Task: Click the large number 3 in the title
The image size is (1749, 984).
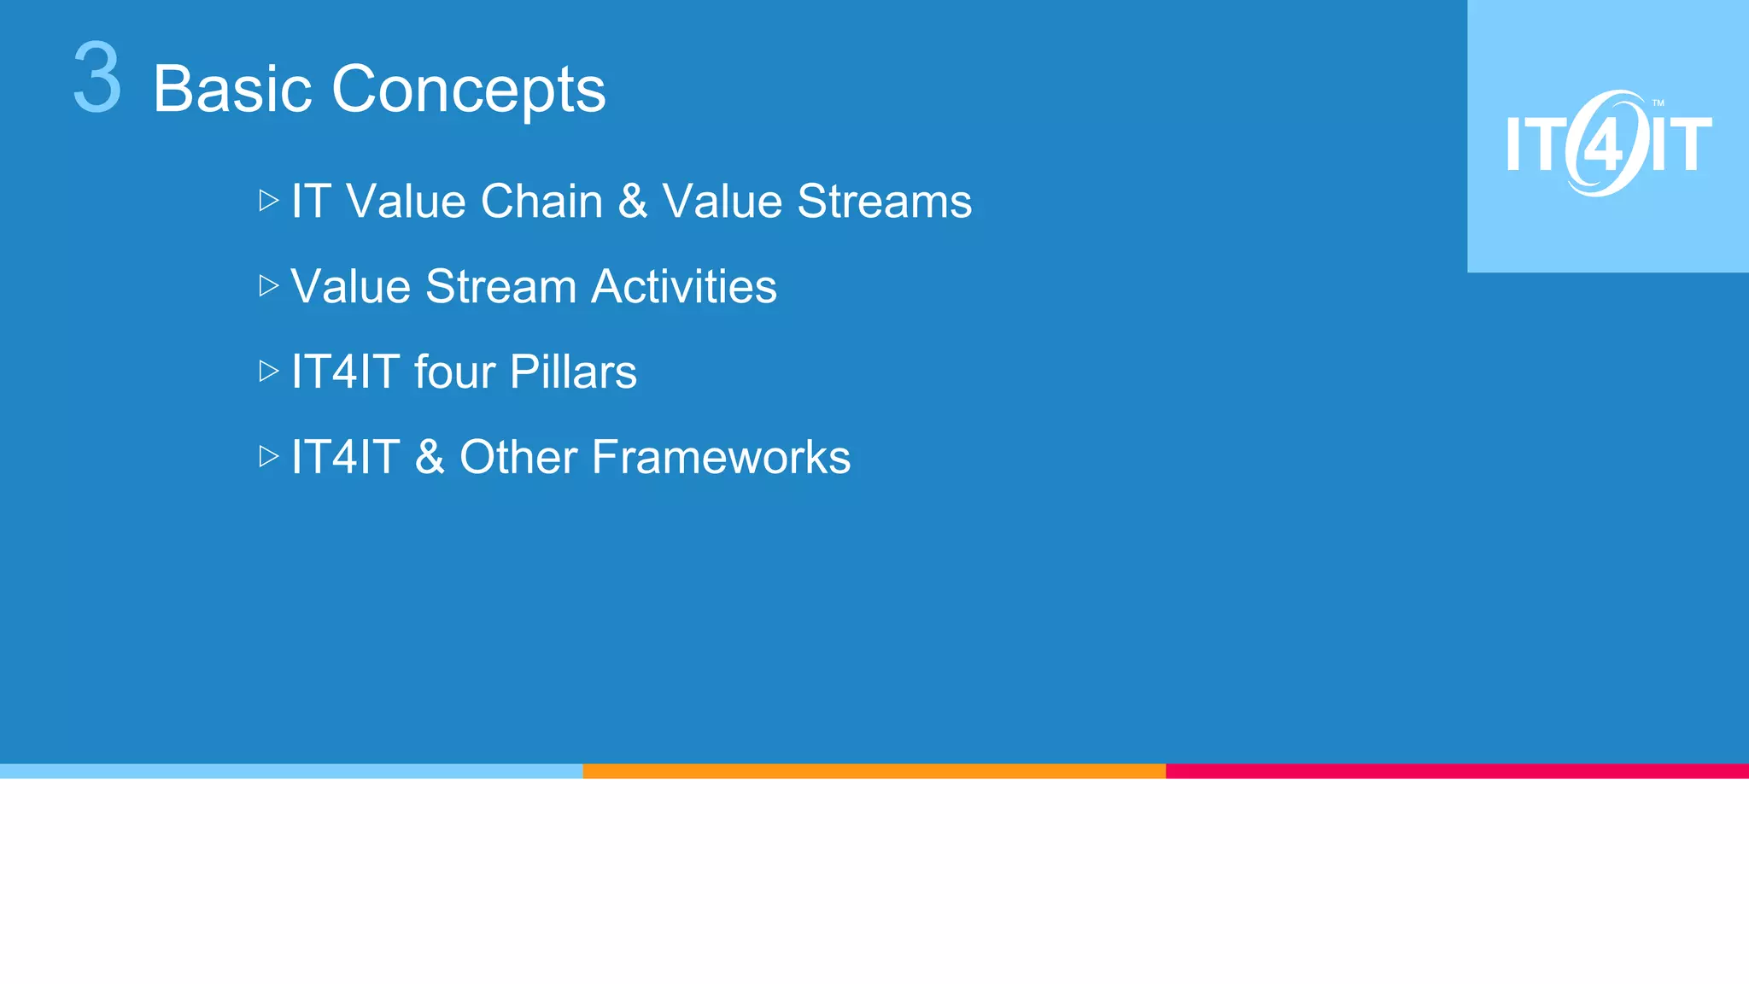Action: [97, 79]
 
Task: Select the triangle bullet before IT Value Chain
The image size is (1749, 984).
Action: [269, 201]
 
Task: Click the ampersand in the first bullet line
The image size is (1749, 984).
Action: [633, 202]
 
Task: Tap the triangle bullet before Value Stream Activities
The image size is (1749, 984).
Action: [269, 285]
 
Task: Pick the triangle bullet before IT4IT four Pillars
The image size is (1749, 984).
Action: [269, 371]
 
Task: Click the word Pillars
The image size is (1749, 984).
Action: [573, 372]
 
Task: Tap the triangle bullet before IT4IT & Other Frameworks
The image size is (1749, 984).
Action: [269, 456]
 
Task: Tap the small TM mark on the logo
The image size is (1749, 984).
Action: [1658, 103]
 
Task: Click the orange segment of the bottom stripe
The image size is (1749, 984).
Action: [874, 770]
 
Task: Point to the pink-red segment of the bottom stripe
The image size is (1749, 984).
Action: [1457, 770]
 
